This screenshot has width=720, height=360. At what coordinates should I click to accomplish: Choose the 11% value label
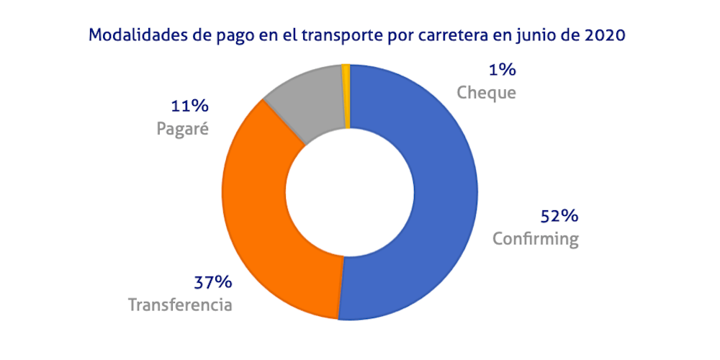pos(189,107)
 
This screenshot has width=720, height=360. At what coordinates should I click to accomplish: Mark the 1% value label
pos(501,70)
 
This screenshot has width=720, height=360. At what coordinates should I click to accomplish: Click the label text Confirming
pos(536,238)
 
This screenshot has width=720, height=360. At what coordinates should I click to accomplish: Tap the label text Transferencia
pos(180,305)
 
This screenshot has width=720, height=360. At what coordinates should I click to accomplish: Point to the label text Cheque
pos(487,93)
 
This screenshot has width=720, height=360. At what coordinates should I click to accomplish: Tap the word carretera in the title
pos(468,35)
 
